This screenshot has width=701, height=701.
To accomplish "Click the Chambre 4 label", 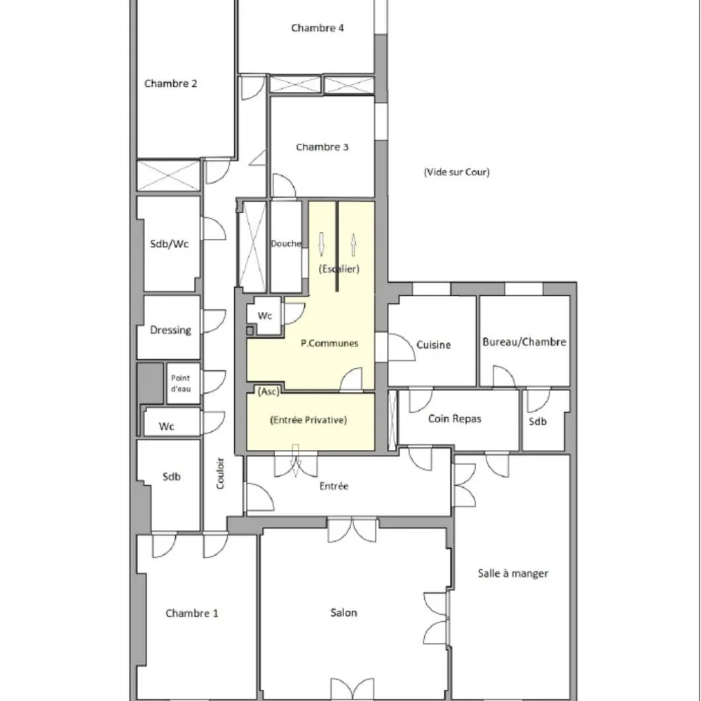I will point(318,29).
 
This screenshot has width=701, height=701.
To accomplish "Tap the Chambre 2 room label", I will point(170,83).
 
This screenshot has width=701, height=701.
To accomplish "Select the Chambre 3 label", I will point(322,147).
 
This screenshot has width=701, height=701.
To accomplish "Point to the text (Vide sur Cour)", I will point(456,172).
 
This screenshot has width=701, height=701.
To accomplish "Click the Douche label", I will point(286,244).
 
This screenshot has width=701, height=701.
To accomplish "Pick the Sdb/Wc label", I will point(170,244).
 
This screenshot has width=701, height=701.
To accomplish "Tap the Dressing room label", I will point(170,329).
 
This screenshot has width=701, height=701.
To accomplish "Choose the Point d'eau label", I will point(181,383).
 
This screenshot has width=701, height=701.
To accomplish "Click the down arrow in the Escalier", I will point(322,244).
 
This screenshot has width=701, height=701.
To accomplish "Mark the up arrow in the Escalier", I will point(353,244).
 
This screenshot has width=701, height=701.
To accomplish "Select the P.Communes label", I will point(329,343).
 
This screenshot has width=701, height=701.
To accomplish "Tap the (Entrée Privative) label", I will point(308,420).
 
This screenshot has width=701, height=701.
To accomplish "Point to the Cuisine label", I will point(433,345).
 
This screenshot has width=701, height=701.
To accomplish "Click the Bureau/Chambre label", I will point(524,342).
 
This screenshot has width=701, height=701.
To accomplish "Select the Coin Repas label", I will point(455,419).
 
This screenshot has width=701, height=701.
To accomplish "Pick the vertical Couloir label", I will point(220,473).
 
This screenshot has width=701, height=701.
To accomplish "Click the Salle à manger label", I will point(513,573).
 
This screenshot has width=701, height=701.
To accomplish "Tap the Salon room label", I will point(343,613).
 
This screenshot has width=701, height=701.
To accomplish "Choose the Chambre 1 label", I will point(192,613).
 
